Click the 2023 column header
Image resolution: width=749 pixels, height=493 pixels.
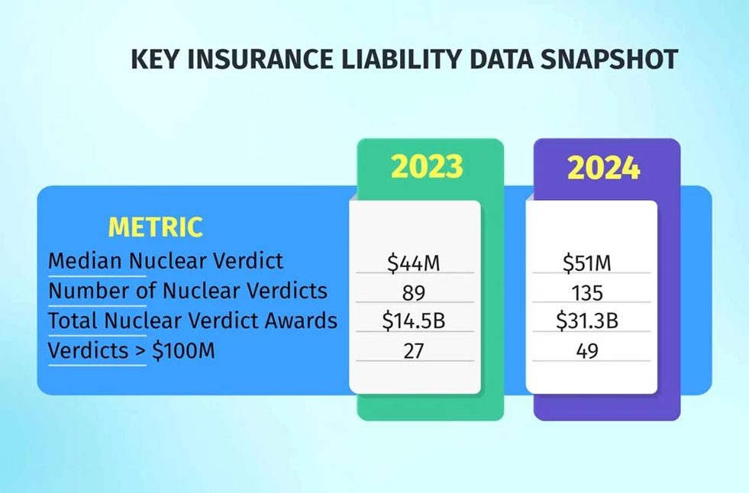[427, 167]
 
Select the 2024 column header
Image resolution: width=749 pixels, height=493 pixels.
[603, 169]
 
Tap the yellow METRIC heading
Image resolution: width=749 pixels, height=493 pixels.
[155, 227]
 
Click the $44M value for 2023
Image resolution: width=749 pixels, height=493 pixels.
[414, 263]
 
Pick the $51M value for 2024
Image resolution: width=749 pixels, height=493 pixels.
[587, 263]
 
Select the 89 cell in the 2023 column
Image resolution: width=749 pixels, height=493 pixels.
[414, 292]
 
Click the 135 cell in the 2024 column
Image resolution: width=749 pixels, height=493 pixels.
[587, 292]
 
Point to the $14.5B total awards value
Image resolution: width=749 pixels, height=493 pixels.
[414, 321]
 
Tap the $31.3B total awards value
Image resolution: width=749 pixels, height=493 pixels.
[587, 321]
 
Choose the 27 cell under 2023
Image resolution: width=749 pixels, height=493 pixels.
[414, 351]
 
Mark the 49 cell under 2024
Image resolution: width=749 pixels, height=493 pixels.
[587, 351]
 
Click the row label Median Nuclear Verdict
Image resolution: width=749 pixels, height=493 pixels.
[165, 261]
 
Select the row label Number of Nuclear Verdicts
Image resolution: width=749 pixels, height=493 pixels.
[187, 291]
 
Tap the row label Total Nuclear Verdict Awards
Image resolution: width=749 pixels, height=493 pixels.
[192, 321]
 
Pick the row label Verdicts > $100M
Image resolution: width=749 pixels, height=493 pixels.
[131, 350]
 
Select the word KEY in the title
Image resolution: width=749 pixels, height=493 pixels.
[153, 60]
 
